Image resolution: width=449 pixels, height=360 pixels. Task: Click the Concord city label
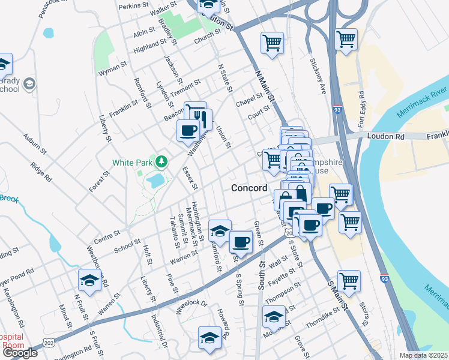[x=250, y=188]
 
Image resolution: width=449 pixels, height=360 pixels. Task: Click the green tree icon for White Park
[x=161, y=161]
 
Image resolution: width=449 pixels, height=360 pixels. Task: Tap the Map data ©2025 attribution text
[x=424, y=355]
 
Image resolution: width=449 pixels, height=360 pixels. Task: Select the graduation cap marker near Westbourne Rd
[x=89, y=280]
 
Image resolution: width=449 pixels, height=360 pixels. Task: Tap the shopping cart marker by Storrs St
[x=349, y=280]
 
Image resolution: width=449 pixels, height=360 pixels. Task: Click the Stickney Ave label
[x=318, y=75]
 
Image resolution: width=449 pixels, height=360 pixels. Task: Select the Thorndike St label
[x=324, y=320]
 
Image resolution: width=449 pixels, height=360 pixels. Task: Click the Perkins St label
[x=133, y=5]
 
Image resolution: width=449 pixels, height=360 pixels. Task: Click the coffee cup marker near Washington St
[x=188, y=130]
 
